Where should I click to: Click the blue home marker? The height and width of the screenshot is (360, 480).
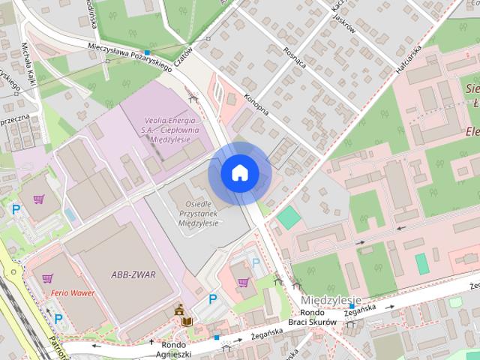tap(240, 173)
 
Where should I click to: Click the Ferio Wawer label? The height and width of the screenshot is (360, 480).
tap(73, 292)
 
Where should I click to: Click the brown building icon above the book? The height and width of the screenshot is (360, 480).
tap(180, 309)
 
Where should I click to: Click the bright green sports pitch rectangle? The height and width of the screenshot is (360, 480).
tap(289, 218)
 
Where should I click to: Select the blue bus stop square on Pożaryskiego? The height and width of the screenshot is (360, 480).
tap(148, 53)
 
